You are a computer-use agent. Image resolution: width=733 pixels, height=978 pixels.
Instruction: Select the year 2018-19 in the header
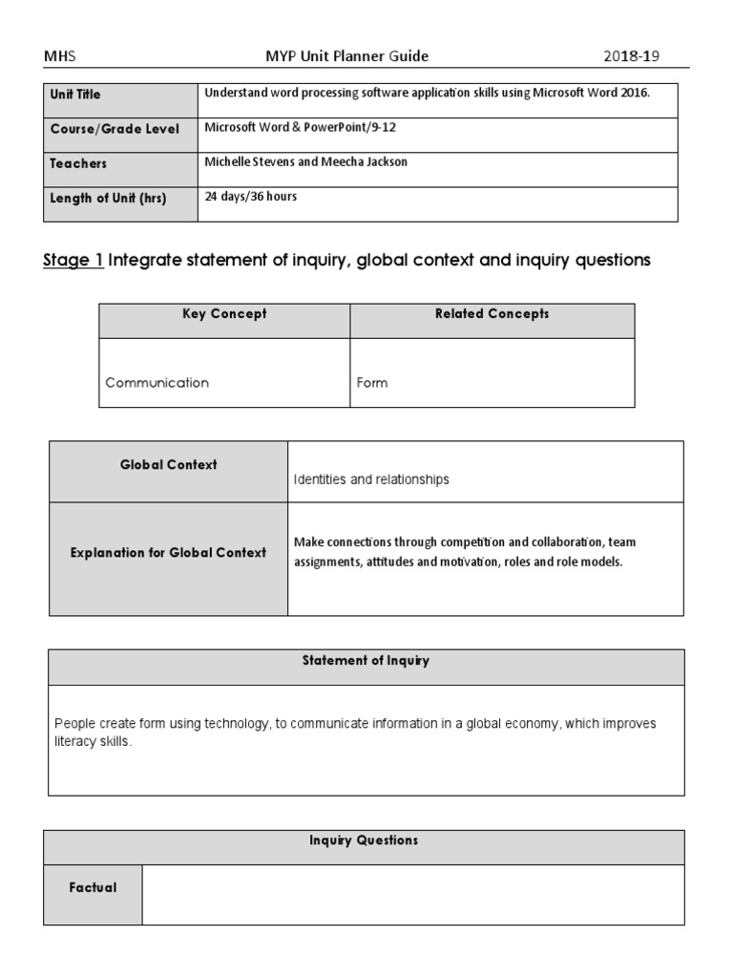pos(631,56)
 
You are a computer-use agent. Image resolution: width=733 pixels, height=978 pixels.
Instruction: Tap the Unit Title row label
pos(75,95)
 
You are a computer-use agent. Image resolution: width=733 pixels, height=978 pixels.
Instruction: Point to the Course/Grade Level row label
pos(115,129)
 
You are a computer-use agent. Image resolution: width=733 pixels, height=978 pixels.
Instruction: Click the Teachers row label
pos(78,163)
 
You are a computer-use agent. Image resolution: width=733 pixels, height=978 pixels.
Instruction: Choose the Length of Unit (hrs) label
pos(108,198)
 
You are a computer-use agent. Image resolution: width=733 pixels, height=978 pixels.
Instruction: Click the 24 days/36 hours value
pos(251,197)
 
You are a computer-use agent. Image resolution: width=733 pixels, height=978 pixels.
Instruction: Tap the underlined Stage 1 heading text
pos(73,260)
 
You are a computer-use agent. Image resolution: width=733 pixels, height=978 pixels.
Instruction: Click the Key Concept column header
pos(224,314)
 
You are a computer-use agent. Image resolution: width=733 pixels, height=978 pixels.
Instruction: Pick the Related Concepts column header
pos(492,314)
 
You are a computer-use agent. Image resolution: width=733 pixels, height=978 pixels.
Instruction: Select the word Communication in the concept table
pos(157,382)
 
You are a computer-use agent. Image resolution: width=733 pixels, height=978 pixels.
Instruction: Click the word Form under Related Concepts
pos(372,382)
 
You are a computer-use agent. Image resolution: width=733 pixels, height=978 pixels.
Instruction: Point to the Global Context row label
pos(168,465)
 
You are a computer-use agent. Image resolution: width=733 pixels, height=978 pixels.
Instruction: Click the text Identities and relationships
pos(371,479)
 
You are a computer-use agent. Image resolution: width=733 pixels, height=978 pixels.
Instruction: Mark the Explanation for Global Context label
pos(168,553)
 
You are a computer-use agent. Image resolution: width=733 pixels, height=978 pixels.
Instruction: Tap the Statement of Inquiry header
pos(366,661)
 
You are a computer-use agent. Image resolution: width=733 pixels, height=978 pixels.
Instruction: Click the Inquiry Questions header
pos(364,840)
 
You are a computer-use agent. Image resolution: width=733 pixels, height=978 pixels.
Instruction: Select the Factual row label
pos(93,887)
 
